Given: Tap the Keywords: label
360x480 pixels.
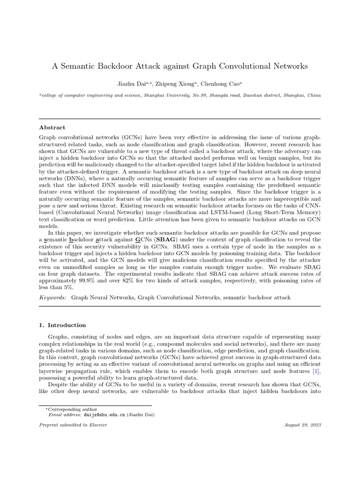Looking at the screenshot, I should tap(52, 297).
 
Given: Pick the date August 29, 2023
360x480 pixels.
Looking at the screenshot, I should tap(302, 425).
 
